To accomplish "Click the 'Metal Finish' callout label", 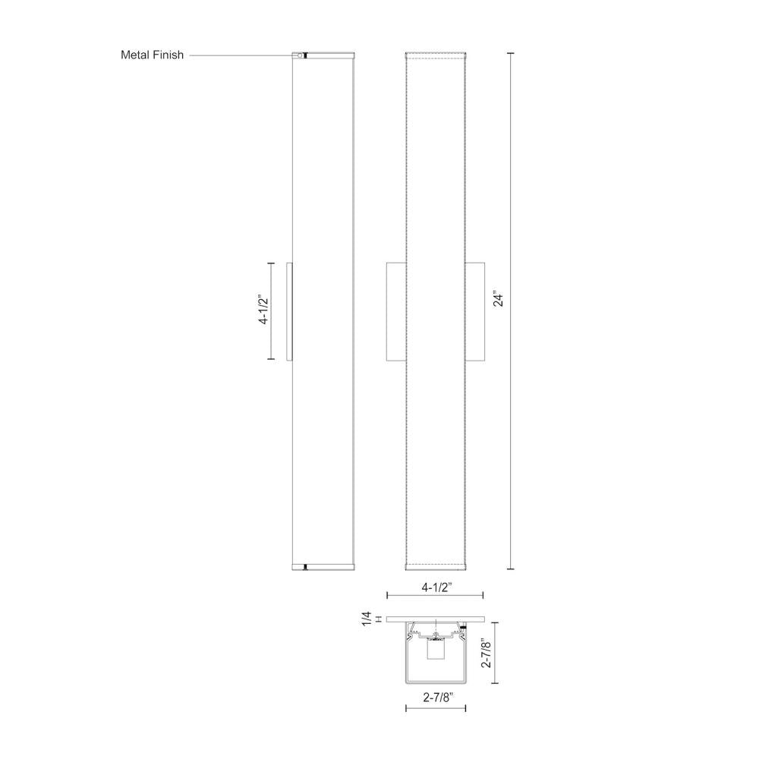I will [152, 55].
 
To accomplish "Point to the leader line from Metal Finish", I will [241, 55].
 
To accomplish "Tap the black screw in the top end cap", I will [304, 55].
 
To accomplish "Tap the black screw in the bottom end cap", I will [304, 566].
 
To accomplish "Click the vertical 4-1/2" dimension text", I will [264, 310].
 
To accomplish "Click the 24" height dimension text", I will [498, 299].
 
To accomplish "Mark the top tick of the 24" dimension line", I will [510, 53].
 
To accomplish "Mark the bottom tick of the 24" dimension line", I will [510, 568].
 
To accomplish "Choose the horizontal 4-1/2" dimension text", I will [436, 587].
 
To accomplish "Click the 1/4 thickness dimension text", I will [367, 619].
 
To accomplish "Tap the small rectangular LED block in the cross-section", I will [436, 651].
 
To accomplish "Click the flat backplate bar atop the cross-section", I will [436, 619].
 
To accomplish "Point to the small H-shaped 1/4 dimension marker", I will [378, 619].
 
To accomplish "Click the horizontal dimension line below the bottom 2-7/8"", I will [436, 709].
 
